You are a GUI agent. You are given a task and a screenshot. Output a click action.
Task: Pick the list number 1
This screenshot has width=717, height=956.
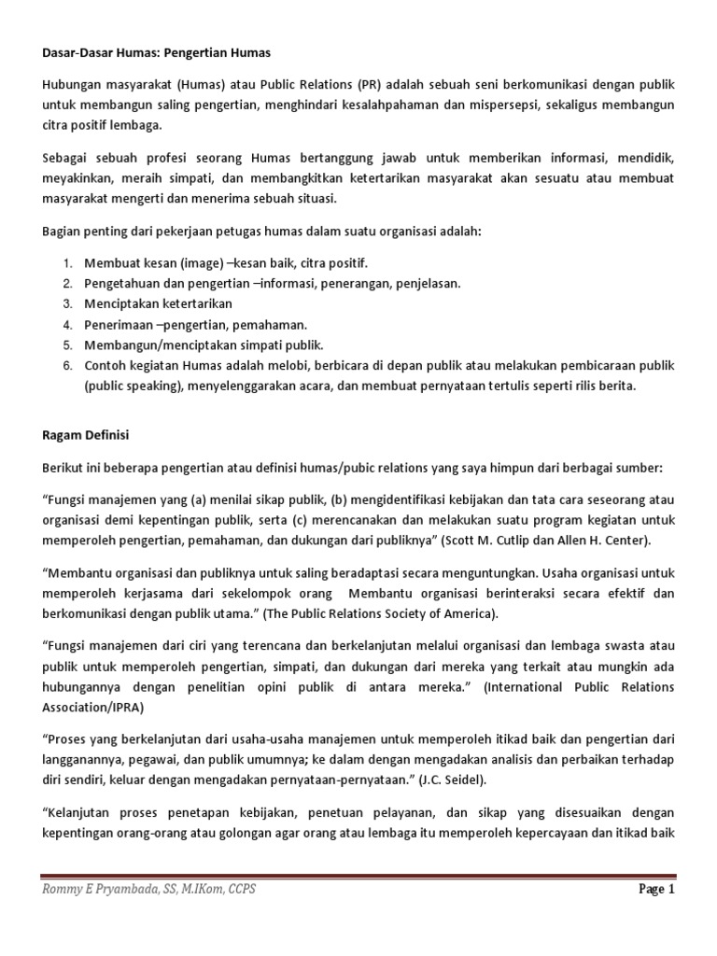67,263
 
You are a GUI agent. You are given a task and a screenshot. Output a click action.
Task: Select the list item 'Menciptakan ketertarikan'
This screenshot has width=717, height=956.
158,304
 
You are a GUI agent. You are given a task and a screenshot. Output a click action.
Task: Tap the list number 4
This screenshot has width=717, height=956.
67,324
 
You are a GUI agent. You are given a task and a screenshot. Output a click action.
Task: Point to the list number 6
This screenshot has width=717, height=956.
67,365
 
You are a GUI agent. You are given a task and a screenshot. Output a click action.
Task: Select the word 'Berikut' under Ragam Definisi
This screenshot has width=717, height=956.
63,467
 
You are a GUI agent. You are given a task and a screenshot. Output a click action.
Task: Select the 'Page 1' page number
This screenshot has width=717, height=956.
656,890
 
